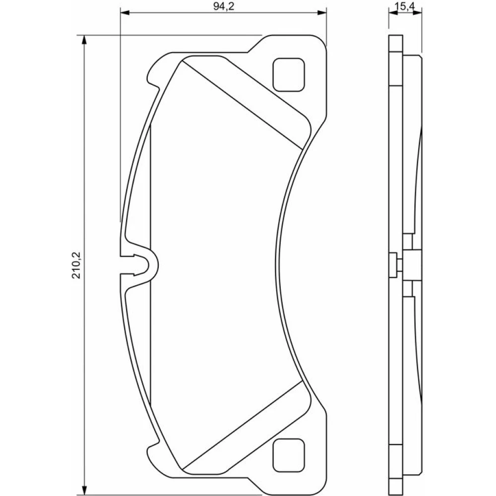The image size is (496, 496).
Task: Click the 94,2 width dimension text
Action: [223, 6]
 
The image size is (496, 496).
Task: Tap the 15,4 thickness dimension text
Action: [405, 6]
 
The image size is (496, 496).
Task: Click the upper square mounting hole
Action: [289, 75]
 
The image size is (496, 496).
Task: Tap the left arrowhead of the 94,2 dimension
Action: [125, 13]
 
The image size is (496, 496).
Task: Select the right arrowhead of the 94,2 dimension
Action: [322, 13]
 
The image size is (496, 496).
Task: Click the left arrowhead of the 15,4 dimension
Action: [393, 13]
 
